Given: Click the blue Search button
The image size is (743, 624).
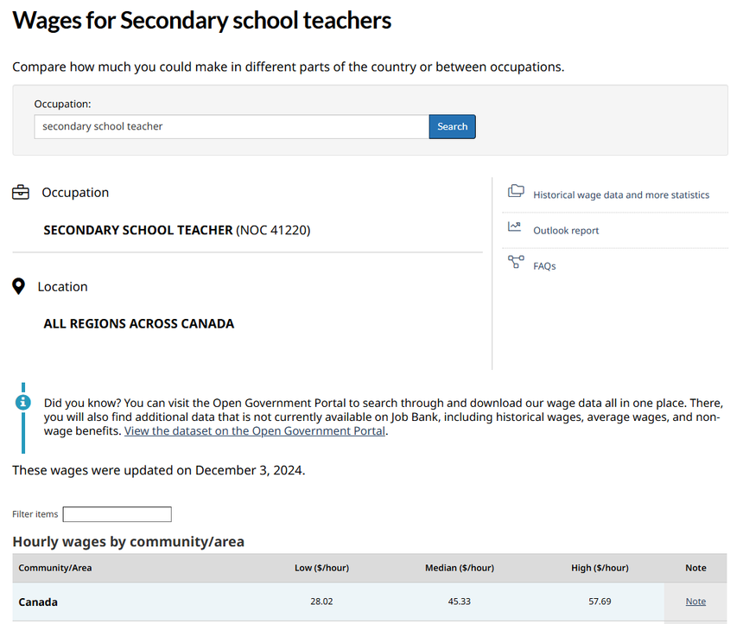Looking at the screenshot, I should tap(452, 127).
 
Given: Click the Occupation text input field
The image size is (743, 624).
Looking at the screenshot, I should tap(232, 127).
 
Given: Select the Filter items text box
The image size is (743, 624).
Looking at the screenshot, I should tap(117, 514).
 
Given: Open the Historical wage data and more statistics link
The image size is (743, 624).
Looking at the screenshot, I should tap(621, 195).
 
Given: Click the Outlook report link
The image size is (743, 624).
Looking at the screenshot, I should tap(566, 231).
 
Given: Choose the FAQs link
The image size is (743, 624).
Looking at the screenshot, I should tap(544, 266).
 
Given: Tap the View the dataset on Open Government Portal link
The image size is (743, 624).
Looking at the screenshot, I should tap(255, 431).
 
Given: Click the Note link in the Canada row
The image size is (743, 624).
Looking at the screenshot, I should tap(695, 602).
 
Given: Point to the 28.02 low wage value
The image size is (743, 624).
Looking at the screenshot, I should tap(321, 602).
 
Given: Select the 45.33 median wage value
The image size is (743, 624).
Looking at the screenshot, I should tap(459, 602).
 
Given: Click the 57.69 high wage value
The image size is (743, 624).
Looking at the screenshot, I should tap(599, 602).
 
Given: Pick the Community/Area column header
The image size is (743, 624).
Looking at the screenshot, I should tap(55, 568).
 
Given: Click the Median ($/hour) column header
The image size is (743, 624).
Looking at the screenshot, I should tap(459, 568).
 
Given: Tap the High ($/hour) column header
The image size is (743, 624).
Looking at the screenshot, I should tap(600, 568).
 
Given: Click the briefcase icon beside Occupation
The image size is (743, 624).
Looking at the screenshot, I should tap(21, 193).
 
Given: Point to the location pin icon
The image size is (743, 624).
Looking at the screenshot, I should tap(19, 286).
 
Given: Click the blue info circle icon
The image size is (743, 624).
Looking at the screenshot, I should tap(23, 403).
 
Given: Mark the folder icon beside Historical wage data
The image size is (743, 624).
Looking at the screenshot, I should tap(516, 191).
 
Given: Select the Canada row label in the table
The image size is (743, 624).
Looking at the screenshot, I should tap(38, 602).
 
